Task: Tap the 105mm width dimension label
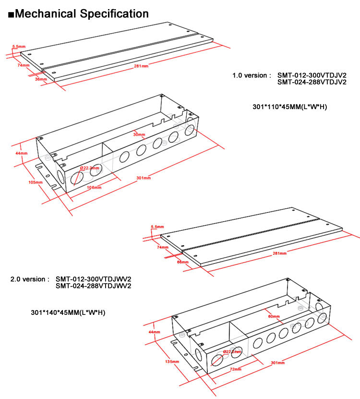coord(33,183)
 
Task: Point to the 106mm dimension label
coord(94,187)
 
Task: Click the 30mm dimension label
coord(139,134)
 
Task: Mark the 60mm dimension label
coord(274,316)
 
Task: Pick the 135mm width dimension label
coord(171,362)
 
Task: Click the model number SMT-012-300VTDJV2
coord(312,75)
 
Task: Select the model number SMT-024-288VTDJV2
coord(312,82)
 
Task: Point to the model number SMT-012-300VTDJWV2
coord(93,279)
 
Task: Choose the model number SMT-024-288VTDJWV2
coord(93,286)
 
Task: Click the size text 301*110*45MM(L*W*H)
coord(289,106)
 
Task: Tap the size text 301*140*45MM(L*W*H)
coord(68,312)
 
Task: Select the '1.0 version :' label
coord(252,75)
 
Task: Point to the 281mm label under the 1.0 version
coord(141,66)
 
